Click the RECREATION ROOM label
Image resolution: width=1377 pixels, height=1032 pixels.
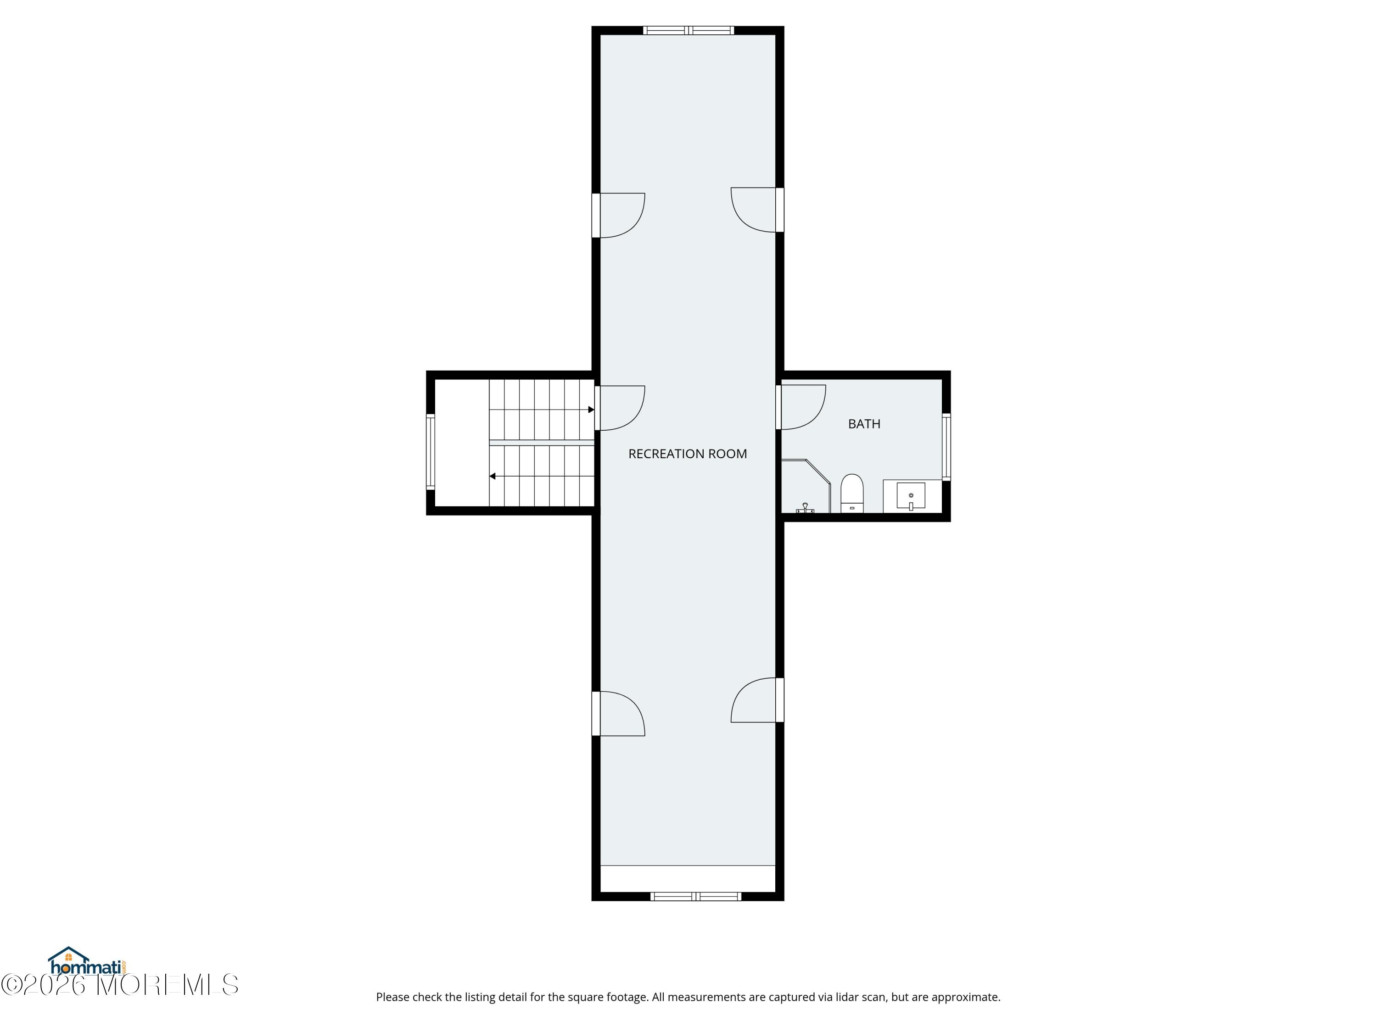(x=687, y=454)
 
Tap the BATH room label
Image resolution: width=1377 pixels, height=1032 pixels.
(x=864, y=424)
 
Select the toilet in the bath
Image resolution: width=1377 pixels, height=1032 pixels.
(x=851, y=493)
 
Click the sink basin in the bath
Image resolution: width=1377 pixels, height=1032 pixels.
(x=911, y=496)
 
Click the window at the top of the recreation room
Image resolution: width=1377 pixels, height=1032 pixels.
(x=688, y=30)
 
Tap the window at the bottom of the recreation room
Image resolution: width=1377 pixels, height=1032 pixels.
(x=696, y=896)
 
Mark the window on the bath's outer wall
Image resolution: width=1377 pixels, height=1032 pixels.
(x=946, y=447)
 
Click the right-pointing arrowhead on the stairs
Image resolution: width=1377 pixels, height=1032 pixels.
(x=591, y=410)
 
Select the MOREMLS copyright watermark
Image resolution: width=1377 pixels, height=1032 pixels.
(x=119, y=985)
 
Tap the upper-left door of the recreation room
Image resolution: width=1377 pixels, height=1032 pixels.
(x=618, y=215)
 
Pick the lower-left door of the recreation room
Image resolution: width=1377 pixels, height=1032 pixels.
(x=618, y=714)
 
